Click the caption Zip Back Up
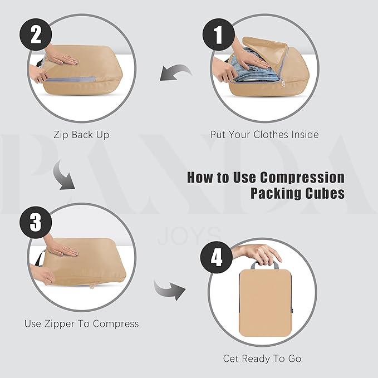point(81,135)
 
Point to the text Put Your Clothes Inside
point(264,135)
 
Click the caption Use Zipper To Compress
point(81,323)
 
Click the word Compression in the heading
point(305,178)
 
